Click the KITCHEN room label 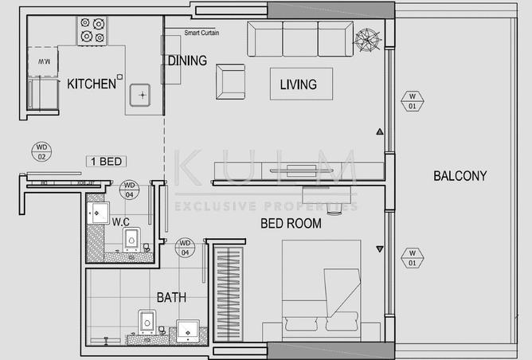[x=91, y=84]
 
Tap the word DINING [x=187, y=61]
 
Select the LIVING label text [x=299, y=84]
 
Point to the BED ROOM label [x=291, y=224]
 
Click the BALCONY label [x=460, y=176]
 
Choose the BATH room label [x=171, y=297]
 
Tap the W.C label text [x=121, y=221]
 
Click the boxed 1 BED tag [x=106, y=162]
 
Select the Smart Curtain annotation [x=201, y=33]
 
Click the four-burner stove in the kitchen [x=92, y=30]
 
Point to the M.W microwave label [x=45, y=61]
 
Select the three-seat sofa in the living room [x=300, y=39]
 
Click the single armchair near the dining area [x=230, y=80]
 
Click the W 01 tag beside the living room [x=412, y=101]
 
